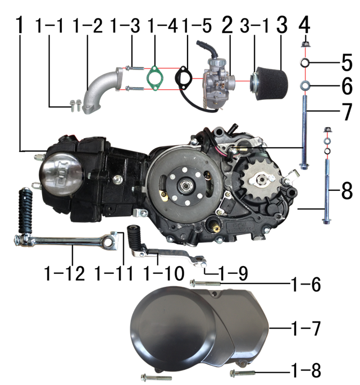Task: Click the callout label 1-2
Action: coord(88,26)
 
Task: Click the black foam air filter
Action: coord(269,84)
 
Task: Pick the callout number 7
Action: coord(346,112)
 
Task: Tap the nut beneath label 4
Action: coord(305,45)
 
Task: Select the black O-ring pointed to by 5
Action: coord(305,63)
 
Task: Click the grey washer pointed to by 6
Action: coord(305,86)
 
